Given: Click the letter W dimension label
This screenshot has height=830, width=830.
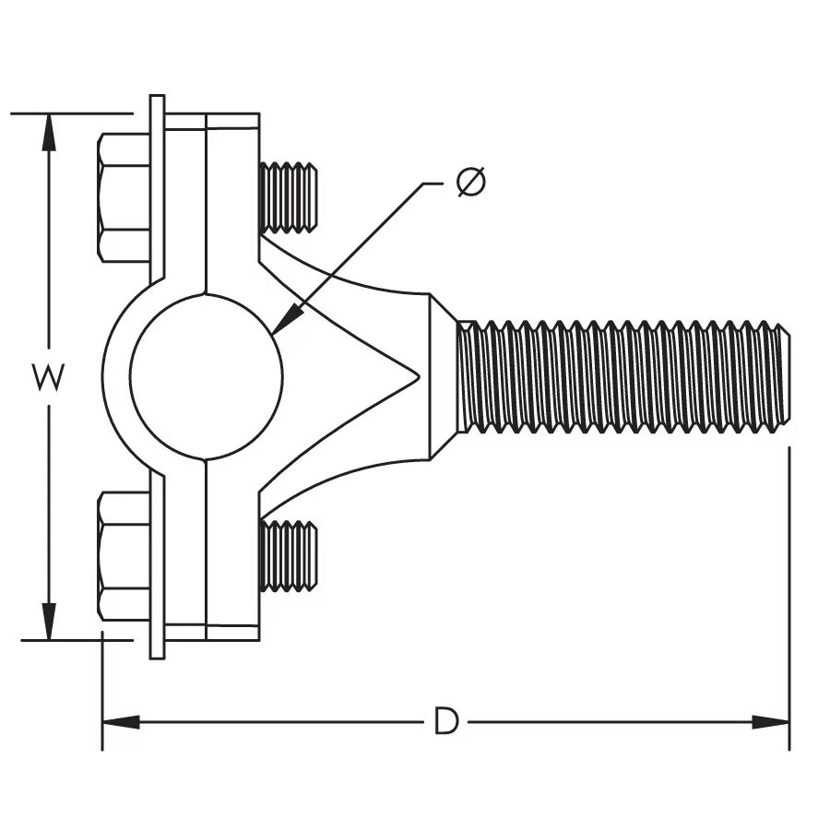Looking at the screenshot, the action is coord(48,376).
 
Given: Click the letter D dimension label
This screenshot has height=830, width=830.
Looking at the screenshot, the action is coord(445,721).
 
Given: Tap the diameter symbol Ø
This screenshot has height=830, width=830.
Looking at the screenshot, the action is coord(470,182).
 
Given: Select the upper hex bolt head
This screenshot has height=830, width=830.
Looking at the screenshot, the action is coord(124,197).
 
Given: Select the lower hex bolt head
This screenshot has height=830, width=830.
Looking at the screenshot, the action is coord(124,556).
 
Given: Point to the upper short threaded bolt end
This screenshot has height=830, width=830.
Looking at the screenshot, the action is coord(288,197).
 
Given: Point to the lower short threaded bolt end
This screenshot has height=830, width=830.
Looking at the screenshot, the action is coord(288,556).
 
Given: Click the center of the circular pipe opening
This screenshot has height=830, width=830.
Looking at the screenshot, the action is coord(207,376).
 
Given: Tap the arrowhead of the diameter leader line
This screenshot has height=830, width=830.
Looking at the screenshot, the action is coord(288,319).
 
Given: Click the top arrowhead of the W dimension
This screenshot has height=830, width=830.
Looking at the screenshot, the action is coord(49,132).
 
